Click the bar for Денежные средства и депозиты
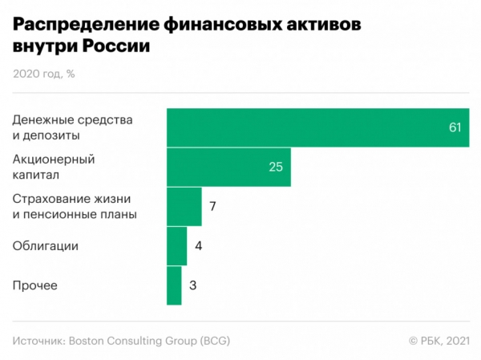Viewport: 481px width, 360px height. click(x=317, y=127)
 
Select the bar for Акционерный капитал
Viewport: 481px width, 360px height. click(x=228, y=167)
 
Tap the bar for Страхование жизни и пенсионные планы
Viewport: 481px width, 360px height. click(x=184, y=207)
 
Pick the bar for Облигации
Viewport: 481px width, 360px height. click(x=176, y=245)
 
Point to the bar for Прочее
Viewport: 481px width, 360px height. click(x=174, y=285)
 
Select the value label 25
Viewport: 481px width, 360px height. click(x=276, y=167)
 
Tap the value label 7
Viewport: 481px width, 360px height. click(x=213, y=207)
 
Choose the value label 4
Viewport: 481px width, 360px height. click(x=198, y=245)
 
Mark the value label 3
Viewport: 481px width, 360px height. click(x=193, y=285)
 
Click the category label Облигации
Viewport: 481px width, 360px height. click(x=45, y=246)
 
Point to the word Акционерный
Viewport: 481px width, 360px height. click(x=51, y=159)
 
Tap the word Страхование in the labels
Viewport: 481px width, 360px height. click(x=50, y=198)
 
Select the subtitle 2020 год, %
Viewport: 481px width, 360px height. click(x=44, y=74)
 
